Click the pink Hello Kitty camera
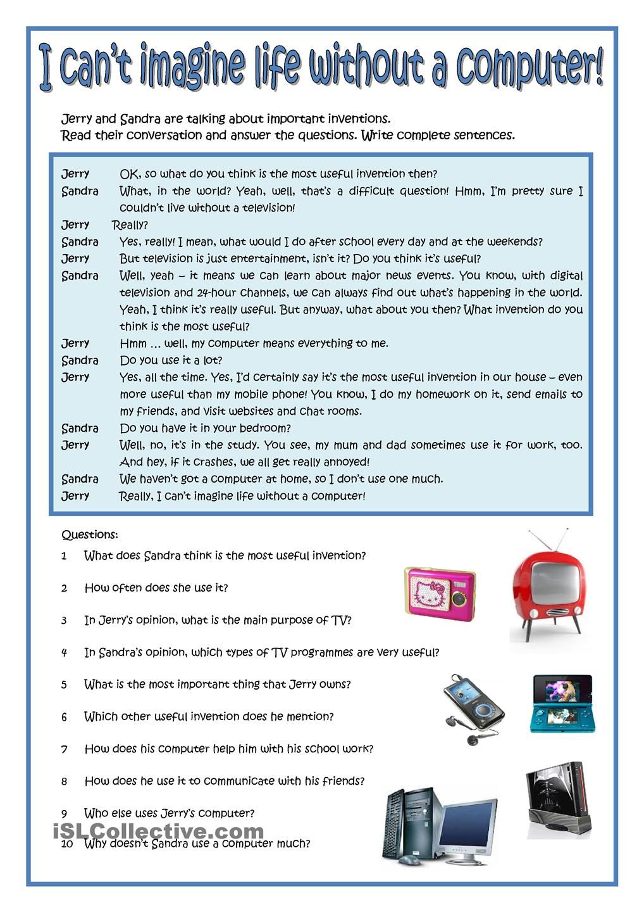440,594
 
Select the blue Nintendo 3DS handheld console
562,703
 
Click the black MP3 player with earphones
474,706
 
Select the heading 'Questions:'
90,535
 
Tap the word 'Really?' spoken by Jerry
130,225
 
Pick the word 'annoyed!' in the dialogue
345,462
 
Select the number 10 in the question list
68,844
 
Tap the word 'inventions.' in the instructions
363,118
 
